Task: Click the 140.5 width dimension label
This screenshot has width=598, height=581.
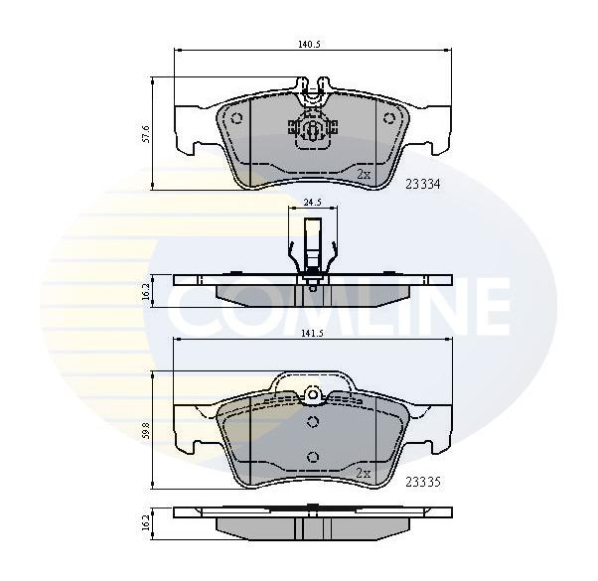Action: click(309, 44)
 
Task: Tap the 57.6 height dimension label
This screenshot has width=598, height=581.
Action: click(145, 133)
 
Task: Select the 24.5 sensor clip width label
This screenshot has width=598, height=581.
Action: click(312, 202)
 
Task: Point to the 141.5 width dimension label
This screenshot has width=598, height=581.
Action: click(313, 333)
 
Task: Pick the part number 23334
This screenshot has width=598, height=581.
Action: click(422, 185)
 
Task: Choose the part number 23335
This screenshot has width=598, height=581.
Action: click(422, 483)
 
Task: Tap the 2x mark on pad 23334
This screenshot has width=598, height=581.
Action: click(364, 175)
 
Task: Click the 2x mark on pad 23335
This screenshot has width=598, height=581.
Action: click(364, 473)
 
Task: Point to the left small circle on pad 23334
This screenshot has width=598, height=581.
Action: click(236, 118)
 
